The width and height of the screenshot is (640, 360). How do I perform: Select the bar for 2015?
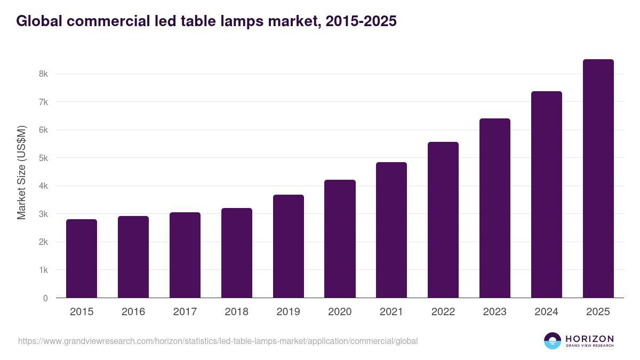82,259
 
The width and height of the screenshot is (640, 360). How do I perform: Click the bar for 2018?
237,253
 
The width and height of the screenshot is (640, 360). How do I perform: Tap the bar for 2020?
340,239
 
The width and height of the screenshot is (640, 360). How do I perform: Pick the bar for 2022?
443,220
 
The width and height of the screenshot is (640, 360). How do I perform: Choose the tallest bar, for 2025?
598,179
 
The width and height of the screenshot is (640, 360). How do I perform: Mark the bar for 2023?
495,208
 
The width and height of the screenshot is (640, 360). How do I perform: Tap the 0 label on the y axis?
45,298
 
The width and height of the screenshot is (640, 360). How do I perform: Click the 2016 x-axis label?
133,312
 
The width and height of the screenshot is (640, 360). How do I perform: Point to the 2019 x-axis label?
289,312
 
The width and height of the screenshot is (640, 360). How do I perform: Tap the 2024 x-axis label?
547,312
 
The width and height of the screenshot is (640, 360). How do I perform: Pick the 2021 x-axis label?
391,312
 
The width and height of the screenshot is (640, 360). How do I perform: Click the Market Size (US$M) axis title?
21,172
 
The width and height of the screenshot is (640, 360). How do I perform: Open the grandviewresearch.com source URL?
218,341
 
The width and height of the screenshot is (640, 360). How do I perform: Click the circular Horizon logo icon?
552,341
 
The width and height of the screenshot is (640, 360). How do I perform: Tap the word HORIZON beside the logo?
589,338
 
